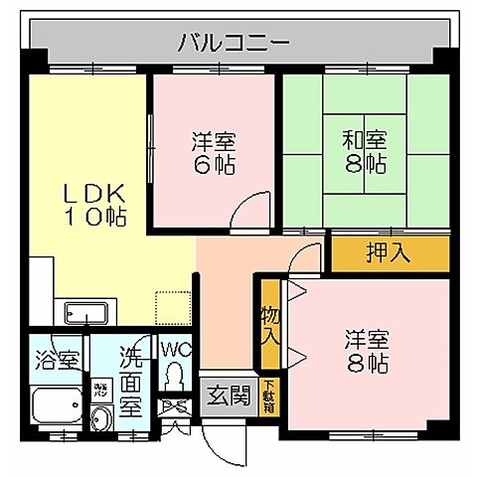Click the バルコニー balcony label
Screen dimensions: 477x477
234,43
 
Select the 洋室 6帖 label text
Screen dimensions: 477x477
214,152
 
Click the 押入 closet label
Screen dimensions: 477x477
388,252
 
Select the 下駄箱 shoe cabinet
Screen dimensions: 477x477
270,397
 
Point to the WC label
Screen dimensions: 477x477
175,351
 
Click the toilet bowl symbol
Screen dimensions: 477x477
176,378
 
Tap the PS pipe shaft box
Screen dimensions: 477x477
176,408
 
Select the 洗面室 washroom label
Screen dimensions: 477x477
129,379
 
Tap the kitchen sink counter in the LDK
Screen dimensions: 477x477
89,312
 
